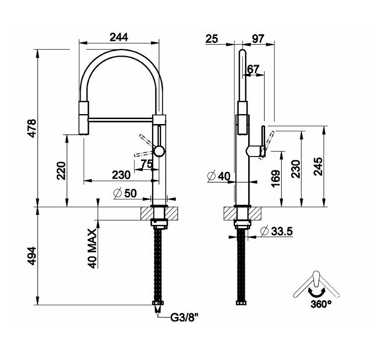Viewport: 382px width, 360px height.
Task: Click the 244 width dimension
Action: pyautogui.click(x=119, y=37)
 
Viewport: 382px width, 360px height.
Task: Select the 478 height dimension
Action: pyautogui.click(x=32, y=128)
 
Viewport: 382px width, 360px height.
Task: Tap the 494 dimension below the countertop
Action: pyautogui.click(x=32, y=256)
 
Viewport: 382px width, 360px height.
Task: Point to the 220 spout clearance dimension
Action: pyautogui.click(x=61, y=170)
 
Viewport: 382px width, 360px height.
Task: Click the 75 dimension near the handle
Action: pyautogui.click(x=147, y=164)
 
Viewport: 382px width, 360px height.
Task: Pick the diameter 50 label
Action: pyautogui.click(x=125, y=194)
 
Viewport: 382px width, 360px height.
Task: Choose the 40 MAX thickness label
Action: pyautogui.click(x=93, y=249)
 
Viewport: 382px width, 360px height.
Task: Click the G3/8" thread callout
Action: pyautogui.click(x=184, y=318)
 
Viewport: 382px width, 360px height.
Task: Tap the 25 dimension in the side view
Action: pyautogui.click(x=212, y=39)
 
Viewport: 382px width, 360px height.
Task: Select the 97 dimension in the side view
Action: pyautogui.click(x=258, y=39)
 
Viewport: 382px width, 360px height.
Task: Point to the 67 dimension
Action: pyautogui.click(x=254, y=69)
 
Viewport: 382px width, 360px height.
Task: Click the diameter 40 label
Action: pyautogui.click(x=218, y=176)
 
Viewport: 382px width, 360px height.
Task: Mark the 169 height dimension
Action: pyautogui.click(x=276, y=179)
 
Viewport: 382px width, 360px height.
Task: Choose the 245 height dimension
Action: pyautogui.click(x=318, y=166)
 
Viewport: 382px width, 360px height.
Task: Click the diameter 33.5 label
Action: pyautogui.click(x=276, y=231)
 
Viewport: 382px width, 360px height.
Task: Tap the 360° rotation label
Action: pyautogui.click(x=321, y=304)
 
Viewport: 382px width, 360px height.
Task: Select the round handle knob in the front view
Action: pyautogui.click(x=159, y=151)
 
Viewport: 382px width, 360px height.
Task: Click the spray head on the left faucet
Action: pyautogui.click(x=84, y=117)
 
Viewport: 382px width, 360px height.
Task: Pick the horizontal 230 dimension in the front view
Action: pyautogui.click(x=121, y=175)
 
